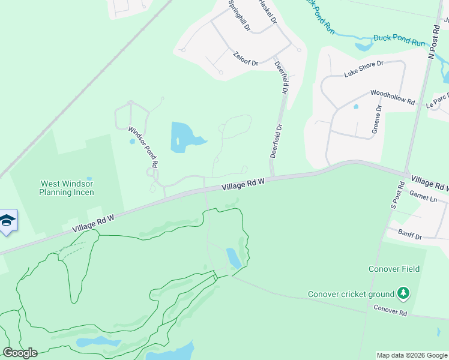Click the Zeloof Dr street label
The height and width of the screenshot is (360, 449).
tap(245, 58)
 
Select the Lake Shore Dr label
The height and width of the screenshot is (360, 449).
tap(363, 69)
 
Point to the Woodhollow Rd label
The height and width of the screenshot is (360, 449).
tap(393, 97)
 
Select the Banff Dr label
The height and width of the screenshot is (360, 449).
tap(411, 236)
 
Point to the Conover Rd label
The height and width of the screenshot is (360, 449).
tap(390, 310)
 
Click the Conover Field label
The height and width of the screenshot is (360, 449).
tap(394, 269)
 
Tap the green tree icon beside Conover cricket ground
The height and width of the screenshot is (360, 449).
tap(404, 293)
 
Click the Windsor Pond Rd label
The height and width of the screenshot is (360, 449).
tap(143, 146)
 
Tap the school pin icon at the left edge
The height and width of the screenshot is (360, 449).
tap(7, 220)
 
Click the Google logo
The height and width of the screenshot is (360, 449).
tap(20, 353)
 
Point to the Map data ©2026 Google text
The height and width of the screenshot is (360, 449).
tap(411, 355)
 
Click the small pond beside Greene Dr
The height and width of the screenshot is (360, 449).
tap(356, 107)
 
